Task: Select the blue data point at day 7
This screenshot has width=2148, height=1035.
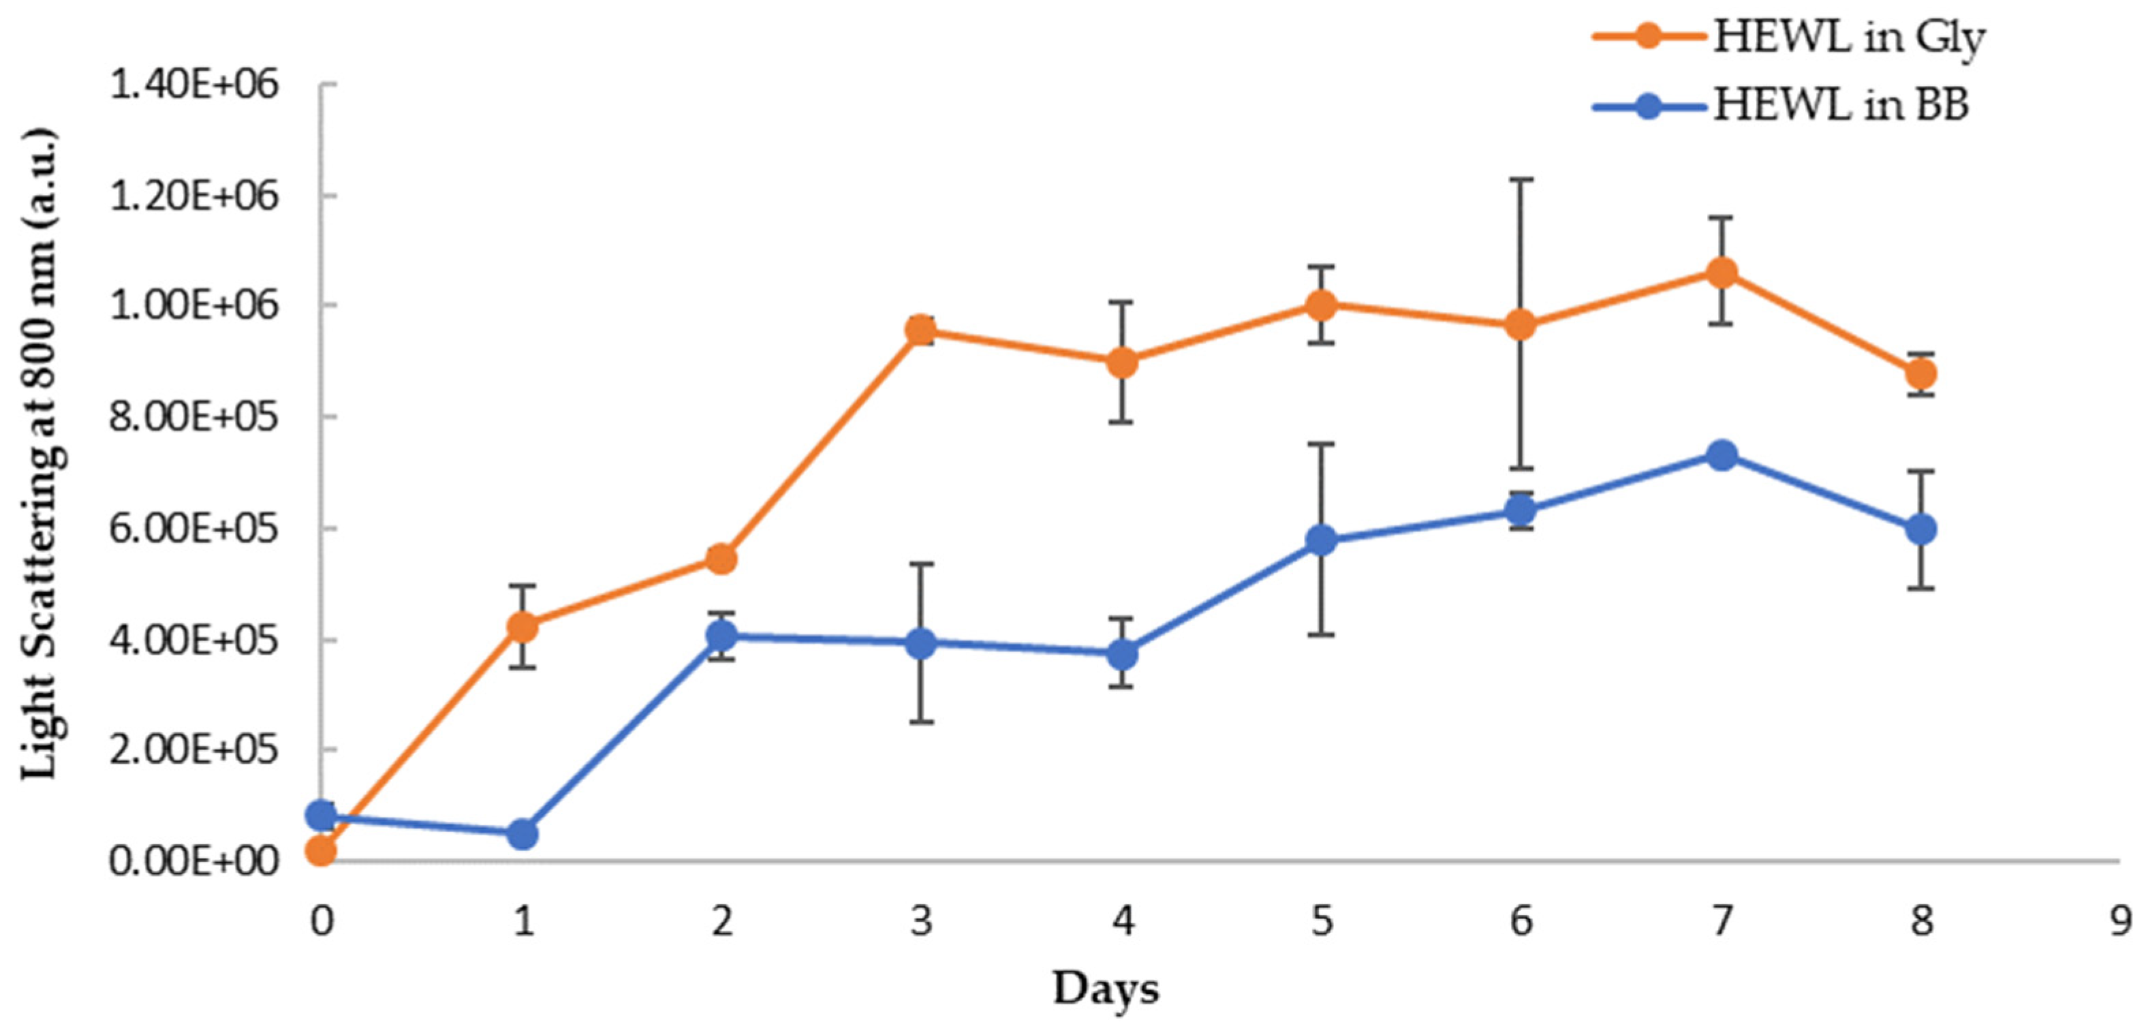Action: tap(1722, 455)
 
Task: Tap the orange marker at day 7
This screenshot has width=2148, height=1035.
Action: tap(1722, 272)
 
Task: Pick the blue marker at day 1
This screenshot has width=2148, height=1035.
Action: tap(522, 833)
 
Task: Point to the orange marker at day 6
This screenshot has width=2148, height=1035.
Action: tap(1521, 324)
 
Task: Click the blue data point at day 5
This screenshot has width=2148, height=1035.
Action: tap(1322, 540)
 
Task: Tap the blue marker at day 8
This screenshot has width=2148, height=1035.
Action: tap(1921, 529)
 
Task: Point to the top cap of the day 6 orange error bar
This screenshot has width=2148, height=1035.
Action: tap(1521, 179)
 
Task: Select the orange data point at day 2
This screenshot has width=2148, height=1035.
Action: tap(721, 559)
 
